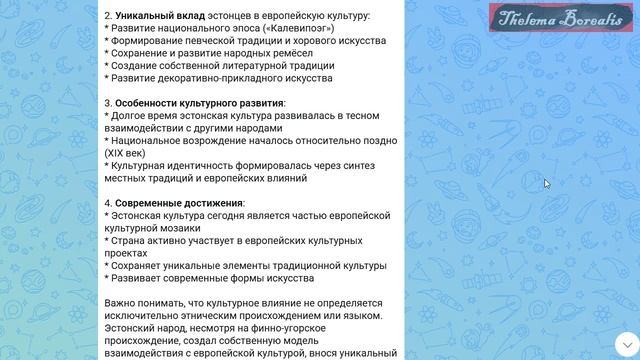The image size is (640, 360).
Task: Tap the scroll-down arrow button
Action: (x=626, y=343)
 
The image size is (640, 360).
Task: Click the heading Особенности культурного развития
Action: (x=199, y=103)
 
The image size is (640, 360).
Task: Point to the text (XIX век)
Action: (x=127, y=153)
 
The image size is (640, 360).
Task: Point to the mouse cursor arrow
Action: (x=547, y=183)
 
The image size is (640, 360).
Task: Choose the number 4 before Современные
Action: (x=107, y=203)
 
